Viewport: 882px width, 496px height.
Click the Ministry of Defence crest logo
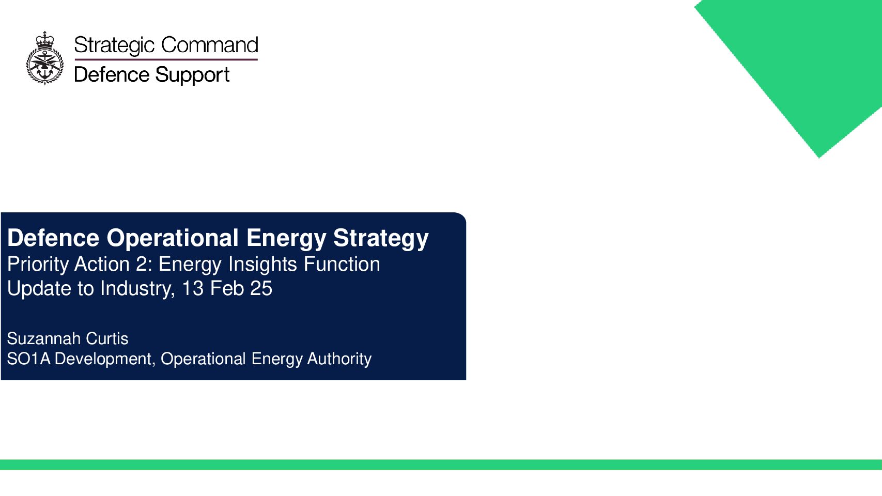point(45,58)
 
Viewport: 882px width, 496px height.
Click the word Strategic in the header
point(114,45)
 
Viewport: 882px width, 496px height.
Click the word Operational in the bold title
point(173,238)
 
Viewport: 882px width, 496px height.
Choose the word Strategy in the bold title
point(381,239)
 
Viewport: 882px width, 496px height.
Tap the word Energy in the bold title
point(286,239)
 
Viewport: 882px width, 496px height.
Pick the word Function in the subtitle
point(342,263)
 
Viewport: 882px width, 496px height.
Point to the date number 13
point(193,288)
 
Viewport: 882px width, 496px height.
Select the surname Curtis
point(107,338)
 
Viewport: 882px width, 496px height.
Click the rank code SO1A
point(29,359)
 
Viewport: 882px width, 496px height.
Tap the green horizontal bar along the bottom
point(441,464)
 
